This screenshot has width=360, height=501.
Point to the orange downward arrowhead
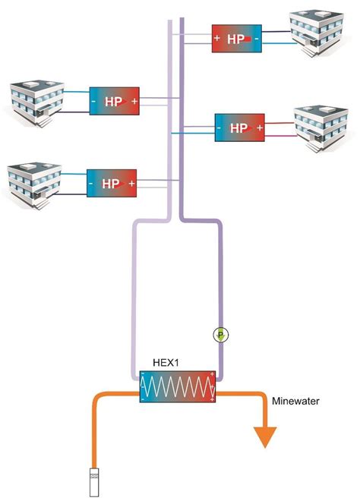pos(267,436)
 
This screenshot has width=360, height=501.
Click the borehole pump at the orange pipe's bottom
pos(93,481)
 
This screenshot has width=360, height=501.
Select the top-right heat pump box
pos(237,38)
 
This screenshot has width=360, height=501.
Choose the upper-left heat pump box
pos(115,101)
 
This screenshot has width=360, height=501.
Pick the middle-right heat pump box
pos(240,128)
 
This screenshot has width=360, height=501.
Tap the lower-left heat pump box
pos(112,184)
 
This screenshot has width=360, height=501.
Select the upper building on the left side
pos(31,100)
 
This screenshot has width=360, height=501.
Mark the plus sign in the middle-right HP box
pos(259,128)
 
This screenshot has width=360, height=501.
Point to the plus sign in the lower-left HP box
pos(131,184)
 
